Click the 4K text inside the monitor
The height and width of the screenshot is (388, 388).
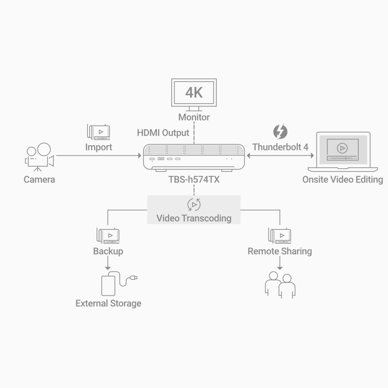pyautogui.click(x=194, y=93)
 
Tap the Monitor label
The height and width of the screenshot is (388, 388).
pyautogui.click(x=194, y=117)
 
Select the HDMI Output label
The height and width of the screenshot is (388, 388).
pyautogui.click(x=163, y=133)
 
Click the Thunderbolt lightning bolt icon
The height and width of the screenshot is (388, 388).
pyautogui.click(x=280, y=131)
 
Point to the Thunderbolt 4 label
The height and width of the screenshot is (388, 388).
pyautogui.click(x=280, y=147)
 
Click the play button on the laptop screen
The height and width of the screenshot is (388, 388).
pyautogui.click(x=342, y=148)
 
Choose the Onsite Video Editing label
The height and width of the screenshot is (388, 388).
pyautogui.click(x=343, y=179)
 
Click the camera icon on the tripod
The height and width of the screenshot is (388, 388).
pyautogui.click(x=40, y=157)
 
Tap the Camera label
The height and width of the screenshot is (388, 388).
pyautogui.click(x=39, y=179)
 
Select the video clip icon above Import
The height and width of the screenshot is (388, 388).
pyautogui.click(x=98, y=132)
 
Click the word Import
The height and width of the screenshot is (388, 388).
pyautogui.click(x=99, y=147)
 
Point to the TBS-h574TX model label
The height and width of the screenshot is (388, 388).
pyautogui.click(x=194, y=179)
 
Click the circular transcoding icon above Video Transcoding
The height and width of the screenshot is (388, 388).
pyautogui.click(x=194, y=205)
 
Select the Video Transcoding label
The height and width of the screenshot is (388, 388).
pyautogui.click(x=194, y=218)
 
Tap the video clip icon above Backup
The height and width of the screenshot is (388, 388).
pyautogui.click(x=108, y=236)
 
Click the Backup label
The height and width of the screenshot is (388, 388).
pyautogui.click(x=108, y=251)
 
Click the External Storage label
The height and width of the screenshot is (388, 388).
pyautogui.click(x=108, y=303)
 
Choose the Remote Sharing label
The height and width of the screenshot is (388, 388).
pyautogui.click(x=280, y=251)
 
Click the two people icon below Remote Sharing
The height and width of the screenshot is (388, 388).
pyautogui.click(x=280, y=285)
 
